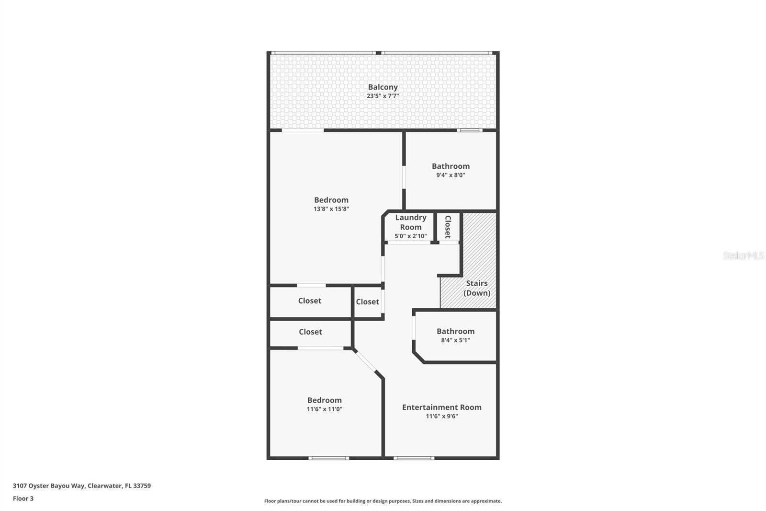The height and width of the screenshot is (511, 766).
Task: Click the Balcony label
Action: (383, 87)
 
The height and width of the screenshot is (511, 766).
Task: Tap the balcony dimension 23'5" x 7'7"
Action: (383, 96)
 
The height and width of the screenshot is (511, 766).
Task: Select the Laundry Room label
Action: (411, 222)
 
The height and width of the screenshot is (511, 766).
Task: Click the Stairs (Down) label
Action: (477, 288)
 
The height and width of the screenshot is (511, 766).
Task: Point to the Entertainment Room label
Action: (441, 407)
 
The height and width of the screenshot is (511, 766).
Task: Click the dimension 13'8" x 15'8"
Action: (331, 209)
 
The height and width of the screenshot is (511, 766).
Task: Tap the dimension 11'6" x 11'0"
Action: (324, 409)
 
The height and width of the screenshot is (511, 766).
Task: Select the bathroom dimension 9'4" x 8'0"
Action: (451, 175)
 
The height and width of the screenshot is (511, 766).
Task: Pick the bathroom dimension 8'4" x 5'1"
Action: (455, 340)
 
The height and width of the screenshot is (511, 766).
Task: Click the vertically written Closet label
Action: (448, 227)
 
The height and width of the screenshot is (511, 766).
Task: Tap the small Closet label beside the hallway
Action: (367, 302)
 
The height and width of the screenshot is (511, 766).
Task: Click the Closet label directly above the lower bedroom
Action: (310, 332)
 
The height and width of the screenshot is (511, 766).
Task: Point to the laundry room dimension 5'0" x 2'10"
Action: (411, 236)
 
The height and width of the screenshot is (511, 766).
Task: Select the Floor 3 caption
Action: (23, 499)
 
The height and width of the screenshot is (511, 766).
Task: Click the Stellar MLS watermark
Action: (743, 255)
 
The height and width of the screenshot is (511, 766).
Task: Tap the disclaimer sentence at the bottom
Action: (383, 501)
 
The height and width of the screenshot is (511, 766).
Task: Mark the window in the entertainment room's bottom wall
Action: (414, 458)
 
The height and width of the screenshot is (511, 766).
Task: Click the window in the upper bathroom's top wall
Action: (469, 130)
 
